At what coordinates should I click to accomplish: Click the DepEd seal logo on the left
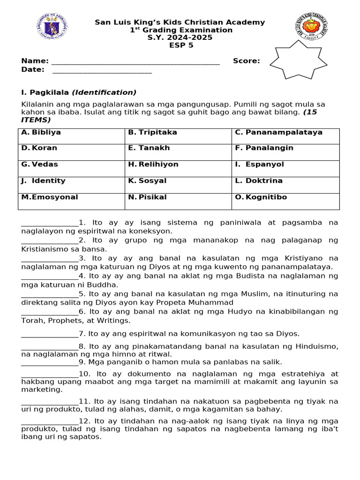click(x=52, y=27)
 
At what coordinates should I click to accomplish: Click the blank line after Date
click(x=102, y=71)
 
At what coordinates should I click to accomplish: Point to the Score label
click(x=246, y=61)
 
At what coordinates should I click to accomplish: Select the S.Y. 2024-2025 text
click(x=180, y=38)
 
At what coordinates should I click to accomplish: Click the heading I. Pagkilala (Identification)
click(x=79, y=92)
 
